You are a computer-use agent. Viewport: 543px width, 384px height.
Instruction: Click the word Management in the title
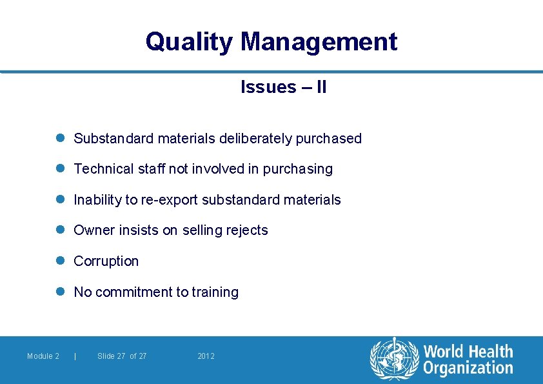pos(319,42)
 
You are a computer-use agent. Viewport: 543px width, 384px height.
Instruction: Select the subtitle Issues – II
pos(283,87)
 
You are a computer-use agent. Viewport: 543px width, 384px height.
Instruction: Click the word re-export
pos(168,200)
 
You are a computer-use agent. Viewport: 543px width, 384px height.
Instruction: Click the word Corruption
pos(106,261)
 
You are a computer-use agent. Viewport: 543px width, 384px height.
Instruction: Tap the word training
pos(214,292)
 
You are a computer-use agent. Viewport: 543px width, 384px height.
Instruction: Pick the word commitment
pos(132,292)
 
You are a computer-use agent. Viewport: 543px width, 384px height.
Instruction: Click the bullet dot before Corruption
pos(61,261)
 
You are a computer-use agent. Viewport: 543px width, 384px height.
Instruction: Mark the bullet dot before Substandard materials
pos(61,138)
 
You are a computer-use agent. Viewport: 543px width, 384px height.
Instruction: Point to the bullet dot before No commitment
pos(61,292)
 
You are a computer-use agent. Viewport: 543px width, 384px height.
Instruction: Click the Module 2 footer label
pos(43,356)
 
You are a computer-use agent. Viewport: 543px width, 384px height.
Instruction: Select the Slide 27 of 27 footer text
pos(122,356)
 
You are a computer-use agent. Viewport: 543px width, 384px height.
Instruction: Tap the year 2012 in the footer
pos(206,356)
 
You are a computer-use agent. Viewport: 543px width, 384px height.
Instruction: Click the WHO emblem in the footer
pos(393,359)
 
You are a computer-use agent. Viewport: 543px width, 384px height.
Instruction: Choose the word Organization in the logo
pos(468,369)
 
